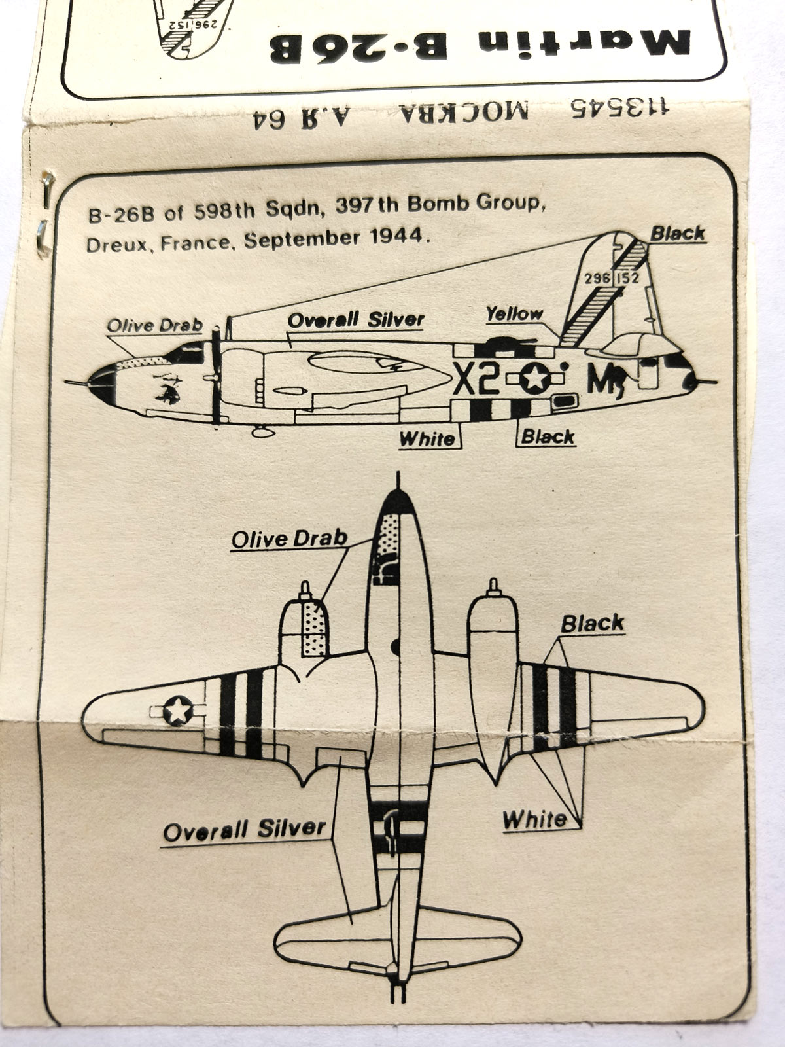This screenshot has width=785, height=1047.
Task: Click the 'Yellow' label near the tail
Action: (x=514, y=314)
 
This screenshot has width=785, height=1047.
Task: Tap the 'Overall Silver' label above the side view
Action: (x=356, y=320)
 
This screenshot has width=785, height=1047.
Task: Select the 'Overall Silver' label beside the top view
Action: (x=244, y=830)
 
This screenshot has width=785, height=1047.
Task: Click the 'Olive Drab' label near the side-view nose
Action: (x=154, y=325)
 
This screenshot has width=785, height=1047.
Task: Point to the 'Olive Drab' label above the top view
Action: (x=288, y=539)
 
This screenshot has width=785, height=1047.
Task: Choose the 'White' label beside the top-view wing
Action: (x=534, y=819)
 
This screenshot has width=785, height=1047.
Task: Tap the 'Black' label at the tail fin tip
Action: (x=678, y=234)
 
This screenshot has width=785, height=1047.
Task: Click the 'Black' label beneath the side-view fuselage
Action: (x=548, y=436)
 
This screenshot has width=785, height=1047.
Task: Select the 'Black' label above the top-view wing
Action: (x=592, y=624)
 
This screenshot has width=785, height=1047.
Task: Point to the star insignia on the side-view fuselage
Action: (x=536, y=378)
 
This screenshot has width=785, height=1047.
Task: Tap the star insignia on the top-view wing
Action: (x=178, y=711)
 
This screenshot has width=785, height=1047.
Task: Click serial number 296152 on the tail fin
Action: (x=612, y=278)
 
